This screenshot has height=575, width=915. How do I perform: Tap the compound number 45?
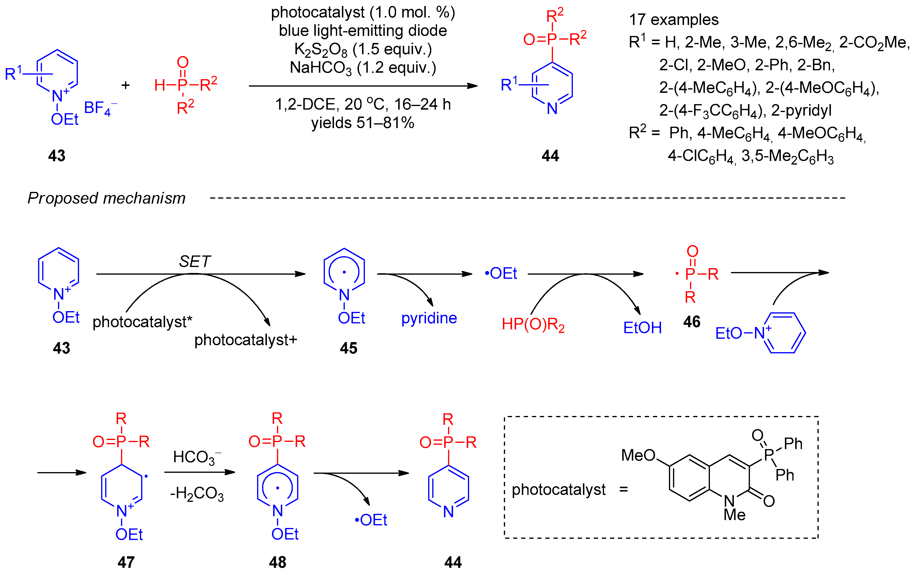pyautogui.click(x=348, y=348)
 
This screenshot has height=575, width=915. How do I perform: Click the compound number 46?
pyautogui.click(x=691, y=322)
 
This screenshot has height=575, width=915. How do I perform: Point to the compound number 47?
pyautogui.click(x=126, y=562)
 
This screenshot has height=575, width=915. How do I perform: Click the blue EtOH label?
pyautogui.click(x=642, y=327)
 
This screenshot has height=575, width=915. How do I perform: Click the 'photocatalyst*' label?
pyautogui.click(x=142, y=322)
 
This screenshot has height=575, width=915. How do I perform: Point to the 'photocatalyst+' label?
pyautogui.click(x=245, y=340)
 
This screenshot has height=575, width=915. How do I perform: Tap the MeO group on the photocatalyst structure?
pyautogui.click(x=638, y=455)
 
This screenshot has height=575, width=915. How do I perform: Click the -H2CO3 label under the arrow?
pyautogui.click(x=197, y=494)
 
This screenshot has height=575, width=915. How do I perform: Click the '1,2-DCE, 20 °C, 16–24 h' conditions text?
pyautogui.click(x=363, y=104)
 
